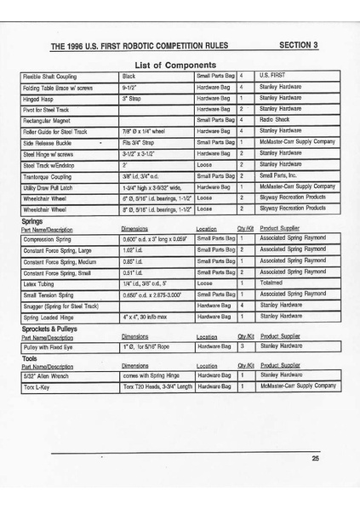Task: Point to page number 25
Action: coord(315,459)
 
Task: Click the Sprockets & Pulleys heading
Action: coord(54,327)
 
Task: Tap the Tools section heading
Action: coord(30,357)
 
